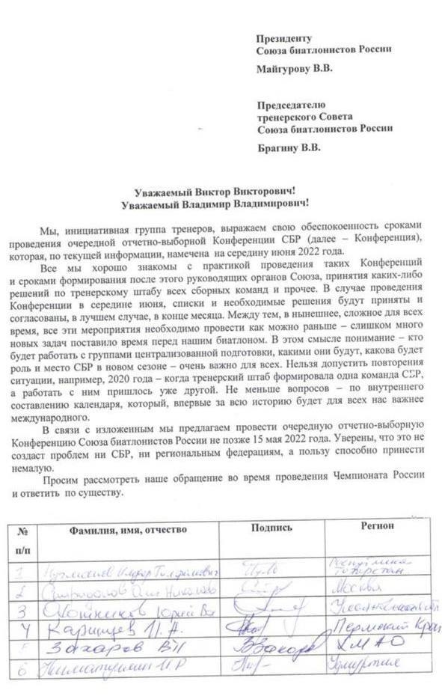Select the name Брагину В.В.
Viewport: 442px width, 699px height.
coord(288,147)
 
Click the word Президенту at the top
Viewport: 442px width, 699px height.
coord(283,37)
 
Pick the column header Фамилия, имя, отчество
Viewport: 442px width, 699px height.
coord(128,529)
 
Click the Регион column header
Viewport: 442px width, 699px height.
coord(377,525)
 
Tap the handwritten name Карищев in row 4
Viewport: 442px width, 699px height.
coord(85,623)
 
